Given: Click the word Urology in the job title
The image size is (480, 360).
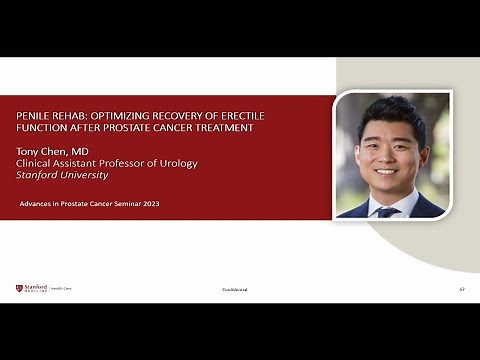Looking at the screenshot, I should pyautogui.click(x=176, y=162).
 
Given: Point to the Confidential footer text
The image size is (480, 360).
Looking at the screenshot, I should pyautogui.click(x=235, y=289).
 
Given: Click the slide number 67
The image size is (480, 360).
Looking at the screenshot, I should pyautogui.click(x=462, y=289).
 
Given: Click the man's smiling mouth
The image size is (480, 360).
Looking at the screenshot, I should pyautogui.click(x=387, y=172).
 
